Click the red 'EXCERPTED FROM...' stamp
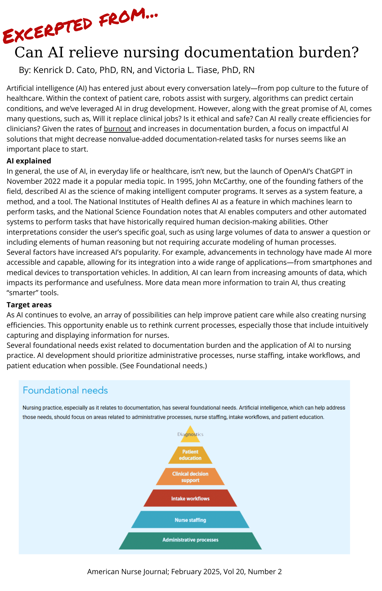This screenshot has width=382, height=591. [x=80, y=25]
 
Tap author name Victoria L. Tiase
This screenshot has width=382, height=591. [x=187, y=70]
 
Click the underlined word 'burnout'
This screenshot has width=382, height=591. [x=117, y=129]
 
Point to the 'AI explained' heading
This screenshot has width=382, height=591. [x=29, y=161]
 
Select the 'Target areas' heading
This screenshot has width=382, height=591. [x=29, y=305]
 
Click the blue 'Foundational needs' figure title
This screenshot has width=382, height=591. [x=65, y=390]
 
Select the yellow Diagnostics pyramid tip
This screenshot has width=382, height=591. [x=190, y=434]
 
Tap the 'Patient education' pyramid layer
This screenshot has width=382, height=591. [x=190, y=455]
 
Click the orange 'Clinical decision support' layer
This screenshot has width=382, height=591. [x=190, y=477]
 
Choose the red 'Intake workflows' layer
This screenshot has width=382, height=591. [x=190, y=499]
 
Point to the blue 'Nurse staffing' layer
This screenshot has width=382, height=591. [x=190, y=520]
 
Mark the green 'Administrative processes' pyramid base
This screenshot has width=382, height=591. [x=190, y=540]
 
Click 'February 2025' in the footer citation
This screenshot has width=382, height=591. [x=196, y=571]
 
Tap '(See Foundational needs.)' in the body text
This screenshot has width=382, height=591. [x=163, y=366]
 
